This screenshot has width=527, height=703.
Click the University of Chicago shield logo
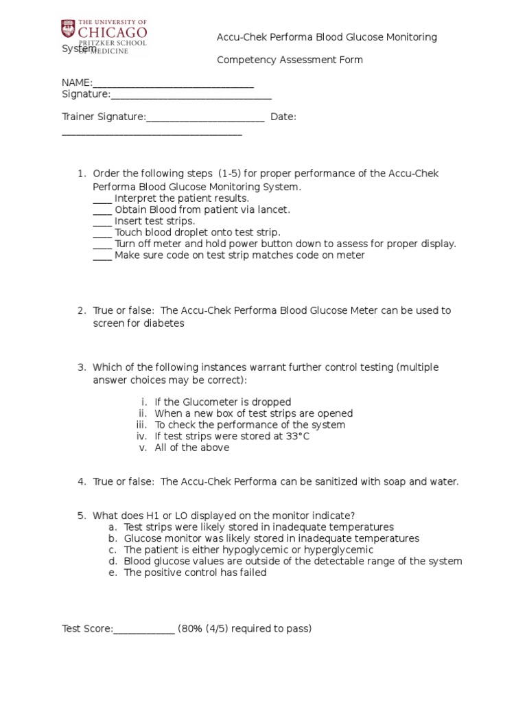[x=69, y=30]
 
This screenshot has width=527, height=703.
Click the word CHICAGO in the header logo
[x=113, y=32]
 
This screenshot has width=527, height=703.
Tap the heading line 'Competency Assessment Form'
[x=290, y=60]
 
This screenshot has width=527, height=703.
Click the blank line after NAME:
[x=173, y=84]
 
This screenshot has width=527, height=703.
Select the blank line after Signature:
[x=191, y=95]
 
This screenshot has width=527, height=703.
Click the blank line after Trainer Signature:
[x=205, y=118]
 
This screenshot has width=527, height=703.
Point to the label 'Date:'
[x=283, y=117]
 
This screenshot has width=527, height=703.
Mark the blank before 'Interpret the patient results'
[x=102, y=199]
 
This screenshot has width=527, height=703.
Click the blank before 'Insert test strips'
[x=102, y=222]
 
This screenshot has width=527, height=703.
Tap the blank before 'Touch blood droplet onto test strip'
[x=102, y=233]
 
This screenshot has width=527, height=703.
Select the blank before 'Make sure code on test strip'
[x=102, y=256]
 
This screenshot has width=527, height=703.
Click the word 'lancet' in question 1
[x=273, y=209]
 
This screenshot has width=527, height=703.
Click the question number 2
[x=81, y=311]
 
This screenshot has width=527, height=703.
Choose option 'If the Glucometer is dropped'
[x=222, y=402]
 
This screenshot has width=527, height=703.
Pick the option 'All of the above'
[x=191, y=448]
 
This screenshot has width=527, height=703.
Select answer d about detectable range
[x=292, y=562]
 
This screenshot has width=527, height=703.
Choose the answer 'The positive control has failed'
[x=195, y=573]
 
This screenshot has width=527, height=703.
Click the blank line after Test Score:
[x=144, y=630]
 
